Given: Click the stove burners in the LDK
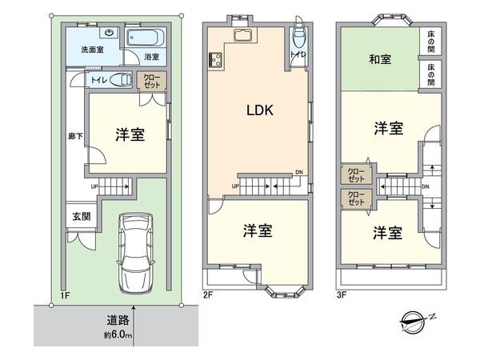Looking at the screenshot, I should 214,59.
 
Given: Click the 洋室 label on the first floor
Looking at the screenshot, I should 129,134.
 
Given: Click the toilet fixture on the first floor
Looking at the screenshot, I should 119,79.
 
